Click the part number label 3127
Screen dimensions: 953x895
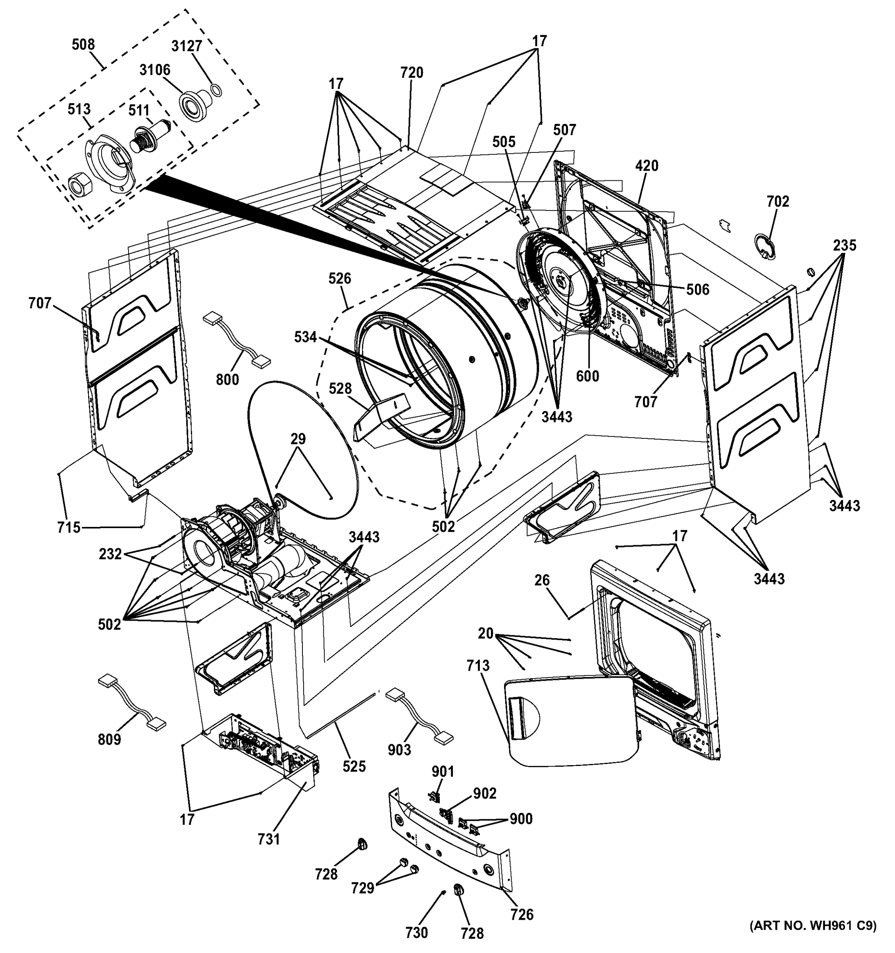pyautogui.click(x=187, y=46)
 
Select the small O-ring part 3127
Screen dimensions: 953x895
pyautogui.click(x=216, y=89)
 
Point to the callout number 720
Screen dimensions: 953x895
pyautogui.click(x=412, y=73)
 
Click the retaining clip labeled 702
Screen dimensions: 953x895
pyautogui.click(x=765, y=247)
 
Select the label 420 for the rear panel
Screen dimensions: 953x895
pyautogui.click(x=647, y=166)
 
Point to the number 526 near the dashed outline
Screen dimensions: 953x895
pyautogui.click(x=340, y=278)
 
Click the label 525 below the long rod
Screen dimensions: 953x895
pyautogui.click(x=354, y=766)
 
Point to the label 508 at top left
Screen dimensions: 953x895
pyautogui.click(x=83, y=44)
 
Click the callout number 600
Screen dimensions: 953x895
pyautogui.click(x=587, y=376)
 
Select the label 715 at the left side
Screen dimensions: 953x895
pyautogui.click(x=69, y=527)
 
